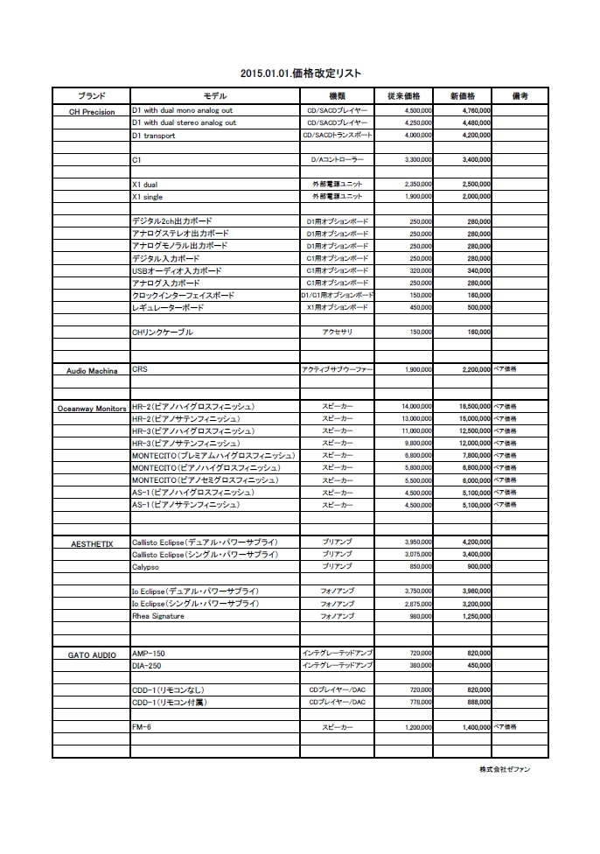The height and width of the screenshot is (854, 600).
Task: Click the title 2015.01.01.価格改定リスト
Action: click(x=300, y=73)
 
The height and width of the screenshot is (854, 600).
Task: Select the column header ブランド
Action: click(x=91, y=95)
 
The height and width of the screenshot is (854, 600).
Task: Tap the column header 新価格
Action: click(x=462, y=95)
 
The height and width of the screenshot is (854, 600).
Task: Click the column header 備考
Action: click(x=520, y=95)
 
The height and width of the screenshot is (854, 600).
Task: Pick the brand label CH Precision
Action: click(x=92, y=112)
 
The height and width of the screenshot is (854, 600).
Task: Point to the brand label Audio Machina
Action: click(x=92, y=371)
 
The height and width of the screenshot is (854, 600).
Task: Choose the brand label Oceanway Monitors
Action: click(x=92, y=408)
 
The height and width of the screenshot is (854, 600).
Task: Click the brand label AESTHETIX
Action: click(x=92, y=543)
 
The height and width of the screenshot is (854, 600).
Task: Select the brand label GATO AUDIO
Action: click(x=92, y=654)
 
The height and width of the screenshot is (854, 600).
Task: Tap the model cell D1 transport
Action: click(x=154, y=136)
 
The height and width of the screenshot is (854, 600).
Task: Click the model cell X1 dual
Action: click(x=145, y=185)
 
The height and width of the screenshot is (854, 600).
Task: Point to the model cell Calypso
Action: click(x=145, y=567)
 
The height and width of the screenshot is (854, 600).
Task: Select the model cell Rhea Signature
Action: click(x=158, y=616)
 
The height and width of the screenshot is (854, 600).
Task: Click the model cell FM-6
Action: click(x=142, y=727)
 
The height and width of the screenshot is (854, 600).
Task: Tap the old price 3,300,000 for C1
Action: click(x=417, y=160)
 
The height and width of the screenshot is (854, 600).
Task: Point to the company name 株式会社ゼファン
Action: click(x=504, y=769)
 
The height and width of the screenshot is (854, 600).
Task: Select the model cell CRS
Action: click(x=140, y=370)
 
